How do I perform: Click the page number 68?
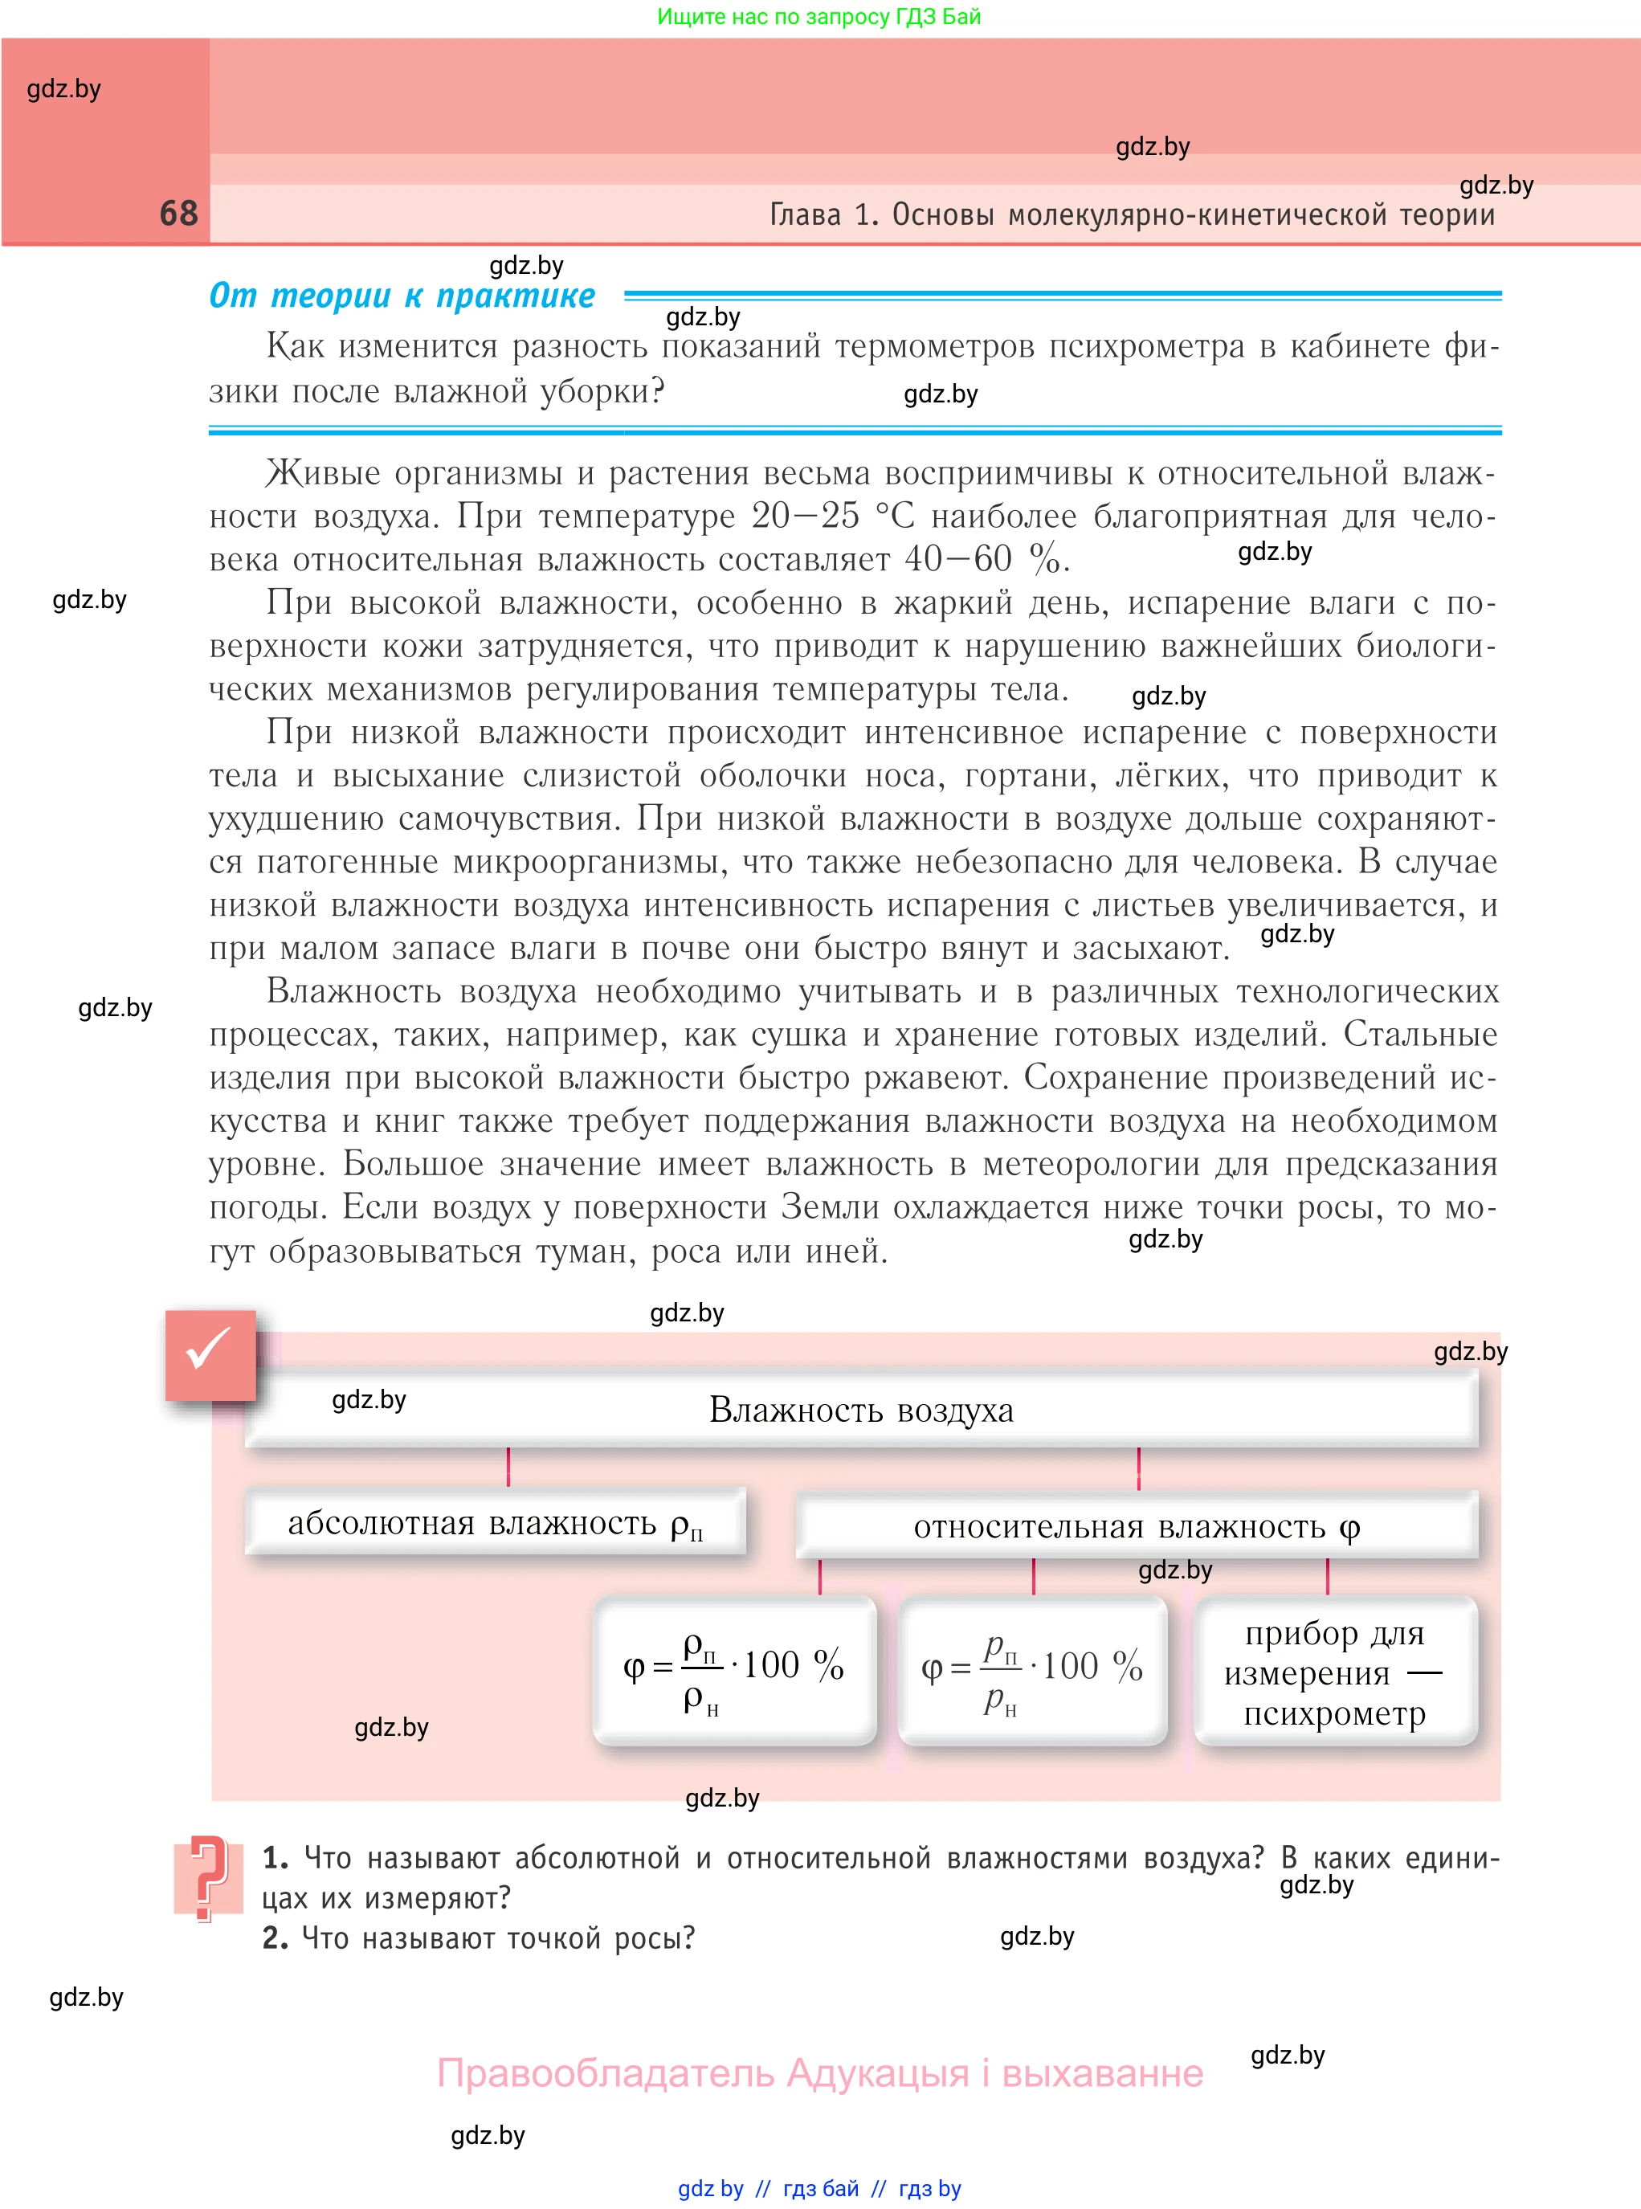179,213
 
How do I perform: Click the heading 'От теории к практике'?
402,295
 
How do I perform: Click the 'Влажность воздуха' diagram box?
860,1410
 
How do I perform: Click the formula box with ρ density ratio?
734,1671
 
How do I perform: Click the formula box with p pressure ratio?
1032,1671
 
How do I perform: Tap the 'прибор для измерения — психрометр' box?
1335,1672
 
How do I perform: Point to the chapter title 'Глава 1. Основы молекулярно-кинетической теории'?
1132,214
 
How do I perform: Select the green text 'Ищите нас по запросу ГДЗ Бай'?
818,16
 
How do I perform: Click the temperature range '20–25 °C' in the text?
832,516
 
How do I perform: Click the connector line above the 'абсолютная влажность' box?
508,1466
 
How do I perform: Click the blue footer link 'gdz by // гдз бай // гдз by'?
819,2188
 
